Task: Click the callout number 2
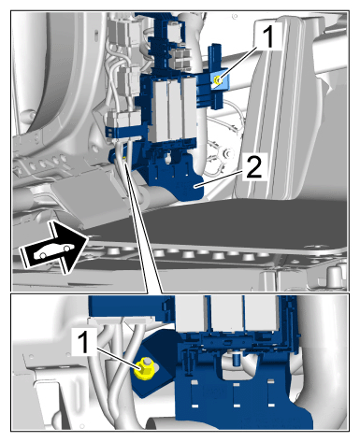coord(254,166)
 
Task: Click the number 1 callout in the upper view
coord(267,37)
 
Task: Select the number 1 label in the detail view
coord(84,342)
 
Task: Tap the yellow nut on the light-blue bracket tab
coord(218,81)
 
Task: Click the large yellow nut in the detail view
coord(143,369)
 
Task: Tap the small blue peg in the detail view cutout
coord(237,358)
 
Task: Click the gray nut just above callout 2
coord(226,153)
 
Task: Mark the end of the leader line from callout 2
coord(195,186)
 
